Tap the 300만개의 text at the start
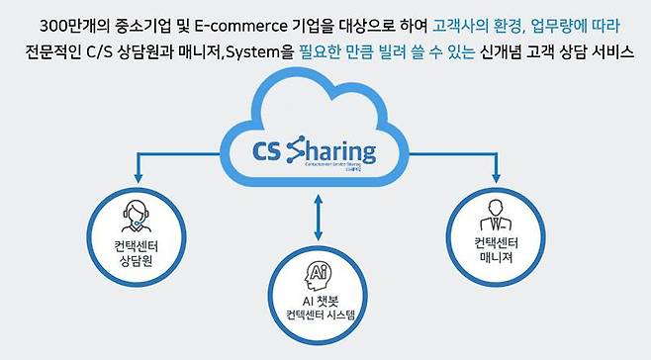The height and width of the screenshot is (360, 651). pyautogui.click(x=96, y=22)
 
